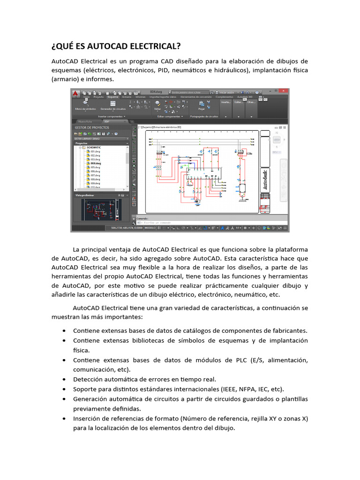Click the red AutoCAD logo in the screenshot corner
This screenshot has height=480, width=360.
[x=75, y=93]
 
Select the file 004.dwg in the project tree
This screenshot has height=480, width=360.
[x=96, y=163]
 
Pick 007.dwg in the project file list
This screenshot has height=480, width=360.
[x=96, y=175]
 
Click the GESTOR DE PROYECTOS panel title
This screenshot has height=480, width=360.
[x=92, y=127]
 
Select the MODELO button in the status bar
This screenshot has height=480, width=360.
[x=150, y=228]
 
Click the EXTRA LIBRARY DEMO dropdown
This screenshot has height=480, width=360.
[x=99, y=139]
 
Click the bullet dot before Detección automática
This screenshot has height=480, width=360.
[x=64, y=379]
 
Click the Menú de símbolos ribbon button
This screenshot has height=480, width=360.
[x=85, y=106]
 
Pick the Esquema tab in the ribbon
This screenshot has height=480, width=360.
[x=113, y=97]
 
